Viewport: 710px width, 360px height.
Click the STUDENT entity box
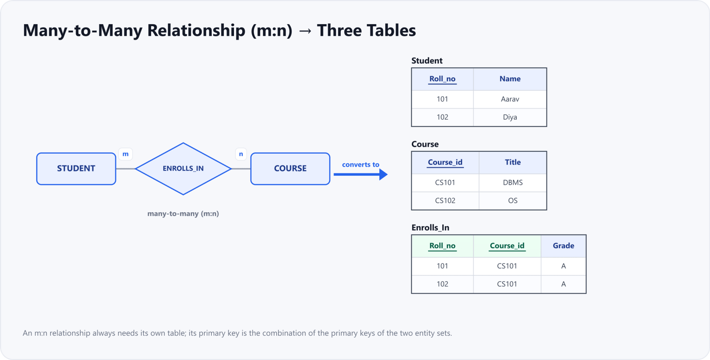[x=76, y=169]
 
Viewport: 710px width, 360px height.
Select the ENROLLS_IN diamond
[x=183, y=169]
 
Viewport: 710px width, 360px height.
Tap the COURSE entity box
[x=290, y=169]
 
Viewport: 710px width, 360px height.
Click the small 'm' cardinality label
[x=125, y=154]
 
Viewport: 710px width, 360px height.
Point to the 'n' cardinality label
[x=241, y=154]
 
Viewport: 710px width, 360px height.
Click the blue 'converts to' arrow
[x=361, y=174]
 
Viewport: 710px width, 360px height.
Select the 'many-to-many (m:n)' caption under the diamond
[x=183, y=214]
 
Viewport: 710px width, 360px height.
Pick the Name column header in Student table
[x=510, y=79]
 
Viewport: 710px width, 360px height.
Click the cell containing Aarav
[x=510, y=99]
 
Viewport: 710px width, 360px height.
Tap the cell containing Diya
[x=510, y=117]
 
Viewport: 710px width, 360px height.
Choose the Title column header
[x=513, y=162]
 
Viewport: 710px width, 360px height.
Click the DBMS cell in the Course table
[x=513, y=182]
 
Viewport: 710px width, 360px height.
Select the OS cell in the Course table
[x=513, y=200]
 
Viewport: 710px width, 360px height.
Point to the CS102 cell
[x=445, y=200]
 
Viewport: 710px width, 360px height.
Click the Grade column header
[x=563, y=246]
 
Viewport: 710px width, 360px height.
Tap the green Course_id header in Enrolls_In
[x=507, y=246]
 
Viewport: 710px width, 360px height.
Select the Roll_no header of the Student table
[x=442, y=79]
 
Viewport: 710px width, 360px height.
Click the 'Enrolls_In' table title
[x=430, y=228]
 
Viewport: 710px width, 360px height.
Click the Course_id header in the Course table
[x=445, y=162]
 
